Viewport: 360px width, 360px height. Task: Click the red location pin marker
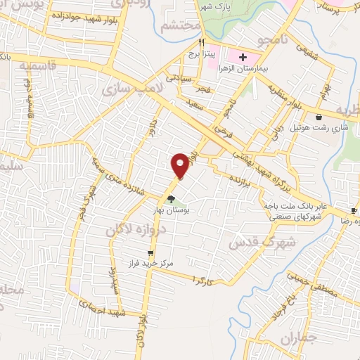[181, 165]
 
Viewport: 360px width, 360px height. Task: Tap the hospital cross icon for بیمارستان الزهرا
[243, 57]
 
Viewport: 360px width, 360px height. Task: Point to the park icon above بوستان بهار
[171, 199]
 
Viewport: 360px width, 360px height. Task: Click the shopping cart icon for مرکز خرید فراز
[150, 253]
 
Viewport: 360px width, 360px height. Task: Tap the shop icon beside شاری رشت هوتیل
[320, 117]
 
